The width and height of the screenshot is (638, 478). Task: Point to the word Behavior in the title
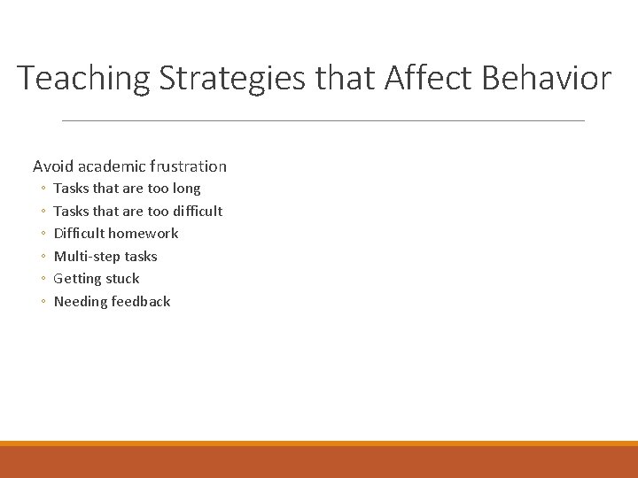pyautogui.click(x=546, y=79)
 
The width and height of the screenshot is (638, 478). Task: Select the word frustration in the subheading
pyautogui.click(x=188, y=166)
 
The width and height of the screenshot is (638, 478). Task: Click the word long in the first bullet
pyautogui.click(x=186, y=189)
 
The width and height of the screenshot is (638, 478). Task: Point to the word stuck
pyautogui.click(x=123, y=279)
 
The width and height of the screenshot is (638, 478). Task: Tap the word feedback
pyautogui.click(x=141, y=302)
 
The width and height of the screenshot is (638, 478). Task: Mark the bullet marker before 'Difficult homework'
pyautogui.click(x=43, y=235)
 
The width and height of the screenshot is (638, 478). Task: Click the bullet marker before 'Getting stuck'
pyautogui.click(x=43, y=280)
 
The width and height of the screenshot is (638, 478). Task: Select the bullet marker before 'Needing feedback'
pyautogui.click(x=43, y=303)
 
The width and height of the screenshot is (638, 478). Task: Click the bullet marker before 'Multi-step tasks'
pyautogui.click(x=43, y=258)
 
